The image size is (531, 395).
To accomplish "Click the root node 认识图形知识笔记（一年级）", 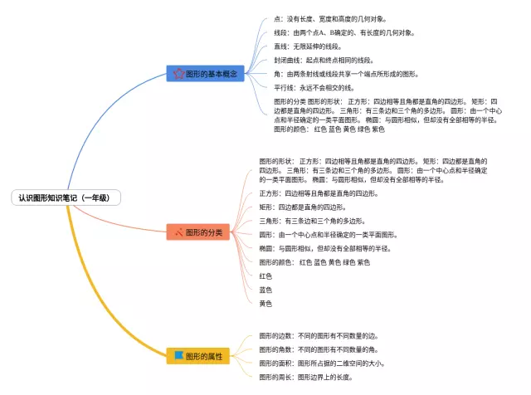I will click(x=64, y=198).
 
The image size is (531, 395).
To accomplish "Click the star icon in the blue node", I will click(x=178, y=74).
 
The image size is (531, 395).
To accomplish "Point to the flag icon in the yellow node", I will click(x=178, y=356).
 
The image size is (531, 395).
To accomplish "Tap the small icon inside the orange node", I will click(x=178, y=232).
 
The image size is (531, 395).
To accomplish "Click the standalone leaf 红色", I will click(x=265, y=276).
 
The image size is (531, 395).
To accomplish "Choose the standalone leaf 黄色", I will click(x=265, y=304).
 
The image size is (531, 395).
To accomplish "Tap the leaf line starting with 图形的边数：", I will click(x=319, y=336).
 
